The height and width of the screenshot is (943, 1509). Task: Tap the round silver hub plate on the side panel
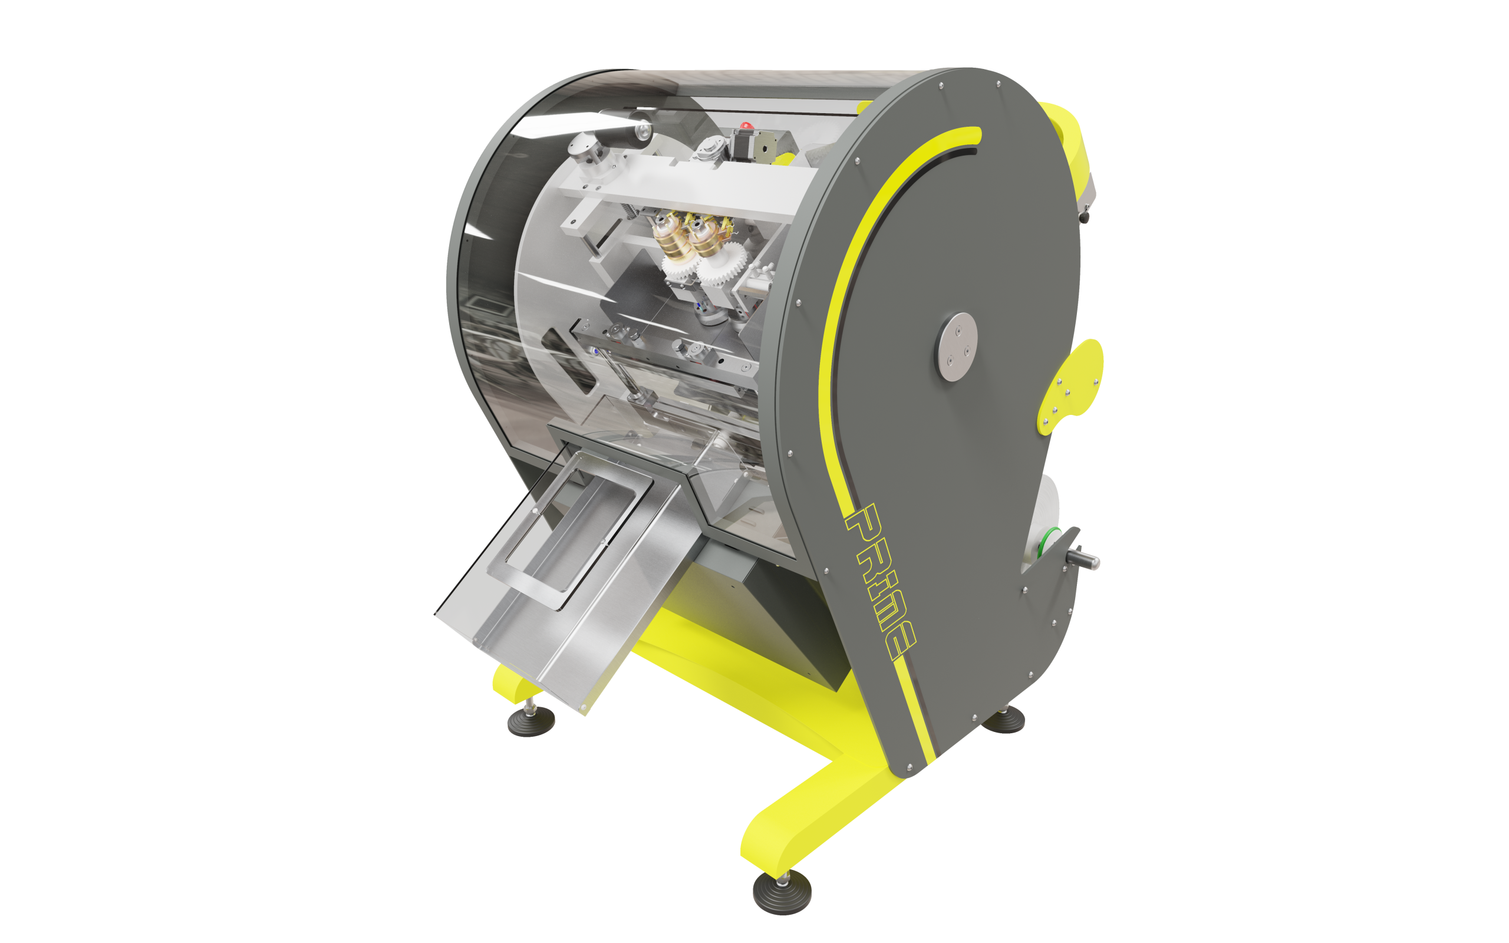956,347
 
